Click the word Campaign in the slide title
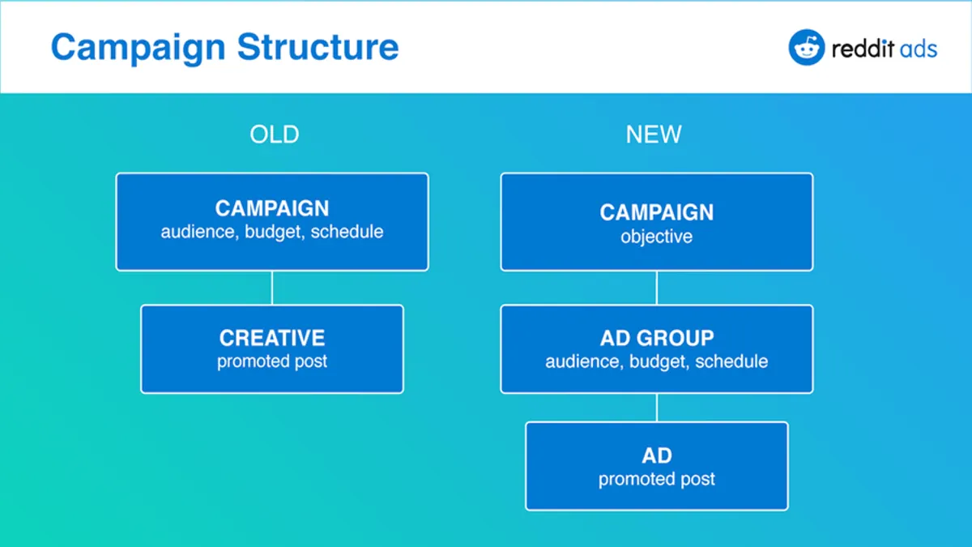[139, 48]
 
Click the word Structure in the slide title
[318, 47]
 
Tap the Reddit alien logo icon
[806, 47]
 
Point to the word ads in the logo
[919, 49]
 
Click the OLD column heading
[275, 135]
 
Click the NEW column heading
[654, 135]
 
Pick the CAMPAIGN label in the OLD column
[272, 208]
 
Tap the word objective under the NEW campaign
[657, 237]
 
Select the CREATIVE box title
[272, 338]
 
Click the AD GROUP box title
[657, 338]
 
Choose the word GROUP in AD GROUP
[681, 338]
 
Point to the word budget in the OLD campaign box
[275, 232]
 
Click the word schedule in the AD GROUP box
[731, 361]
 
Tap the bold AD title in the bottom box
[657, 455]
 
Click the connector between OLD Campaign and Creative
[272, 288]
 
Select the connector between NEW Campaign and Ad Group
[657, 288]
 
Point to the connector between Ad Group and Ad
[657, 408]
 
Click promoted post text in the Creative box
[272, 361]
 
